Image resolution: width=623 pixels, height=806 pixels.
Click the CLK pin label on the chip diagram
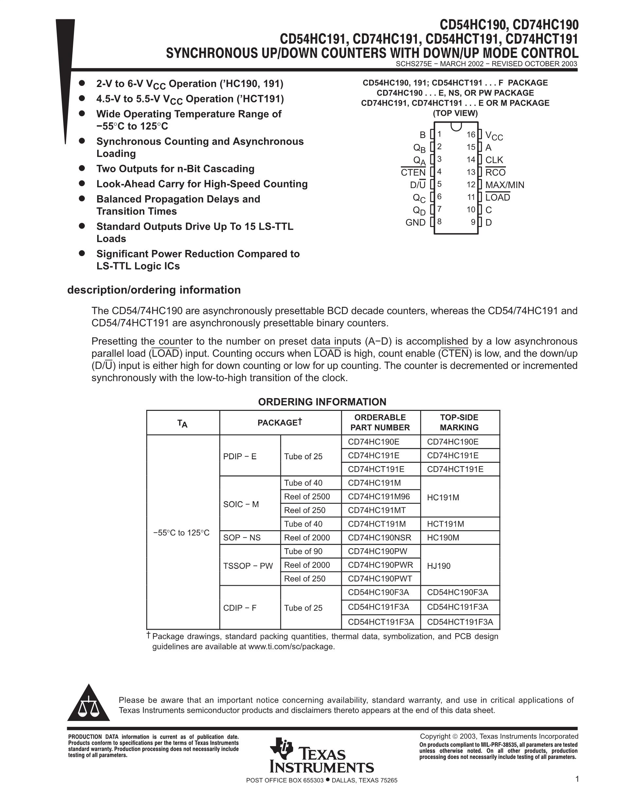pos(494,160)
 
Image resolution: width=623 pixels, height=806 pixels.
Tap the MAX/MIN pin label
pos(505,185)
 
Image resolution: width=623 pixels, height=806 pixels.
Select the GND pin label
pos(415,222)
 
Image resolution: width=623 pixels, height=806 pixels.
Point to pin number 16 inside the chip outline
pos(471,135)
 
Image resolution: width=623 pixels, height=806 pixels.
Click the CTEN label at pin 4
pos(413,172)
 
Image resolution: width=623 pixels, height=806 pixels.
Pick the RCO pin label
pos(495,172)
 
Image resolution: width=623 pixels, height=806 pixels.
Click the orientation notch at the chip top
pos(456,126)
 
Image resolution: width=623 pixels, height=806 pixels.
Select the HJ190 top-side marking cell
pos(438,566)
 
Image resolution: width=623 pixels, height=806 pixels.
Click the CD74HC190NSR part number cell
pos(380,538)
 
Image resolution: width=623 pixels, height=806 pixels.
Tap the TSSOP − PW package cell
pos(248,566)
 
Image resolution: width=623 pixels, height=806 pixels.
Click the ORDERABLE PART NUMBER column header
pos(380,422)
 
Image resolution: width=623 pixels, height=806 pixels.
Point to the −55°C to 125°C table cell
pos(181,533)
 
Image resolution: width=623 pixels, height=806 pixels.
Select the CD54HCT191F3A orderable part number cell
pos(381,622)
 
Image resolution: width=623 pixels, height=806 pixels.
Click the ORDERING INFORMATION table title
pos(322,402)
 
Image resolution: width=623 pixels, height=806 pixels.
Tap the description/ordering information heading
pos(153,290)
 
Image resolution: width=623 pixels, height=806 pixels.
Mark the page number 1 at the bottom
pos(577,779)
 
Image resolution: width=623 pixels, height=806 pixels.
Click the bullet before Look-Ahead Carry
pos(82,184)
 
